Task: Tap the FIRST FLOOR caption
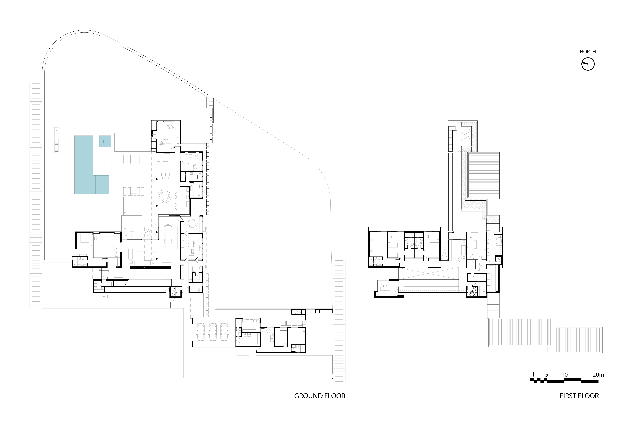tap(579, 396)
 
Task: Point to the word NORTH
tap(588, 52)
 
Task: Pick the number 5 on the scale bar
tap(547, 375)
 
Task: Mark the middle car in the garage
tap(213, 332)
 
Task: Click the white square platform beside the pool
tap(105, 163)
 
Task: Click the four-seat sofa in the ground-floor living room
tap(142, 262)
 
